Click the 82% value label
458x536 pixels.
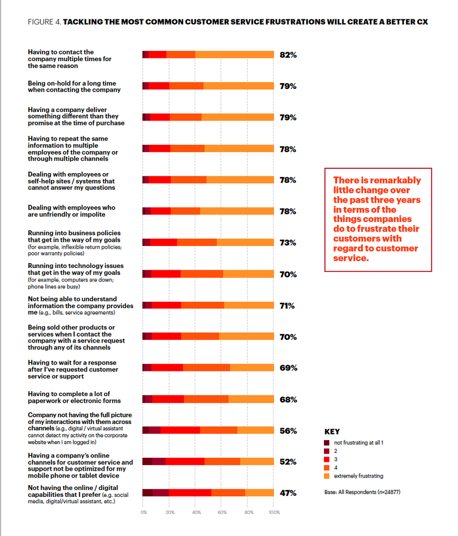(x=288, y=55)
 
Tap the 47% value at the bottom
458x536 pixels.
(x=288, y=493)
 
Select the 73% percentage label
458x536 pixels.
(x=288, y=243)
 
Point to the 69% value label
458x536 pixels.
(x=288, y=368)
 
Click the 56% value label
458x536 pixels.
(x=288, y=430)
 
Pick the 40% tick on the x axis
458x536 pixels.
(x=196, y=512)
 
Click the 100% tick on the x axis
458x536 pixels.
(x=274, y=512)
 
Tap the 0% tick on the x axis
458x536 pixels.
(x=144, y=512)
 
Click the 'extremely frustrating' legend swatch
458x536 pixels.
(x=327, y=476)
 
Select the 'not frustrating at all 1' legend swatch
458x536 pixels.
(x=327, y=442)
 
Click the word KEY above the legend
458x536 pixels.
(x=332, y=431)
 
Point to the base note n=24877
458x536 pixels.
(x=361, y=492)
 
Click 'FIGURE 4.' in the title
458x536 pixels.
(x=44, y=23)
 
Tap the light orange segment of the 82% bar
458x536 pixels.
(x=234, y=55)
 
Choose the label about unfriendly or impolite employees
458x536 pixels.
(x=71, y=211)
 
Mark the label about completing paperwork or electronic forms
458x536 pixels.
(x=74, y=397)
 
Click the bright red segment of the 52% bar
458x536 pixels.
(x=184, y=461)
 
